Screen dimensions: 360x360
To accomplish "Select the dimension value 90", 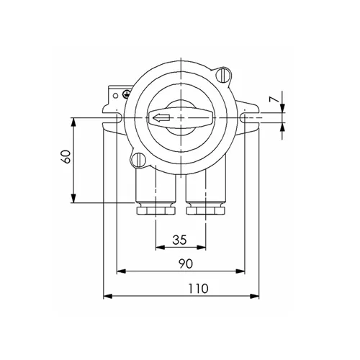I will (185, 264).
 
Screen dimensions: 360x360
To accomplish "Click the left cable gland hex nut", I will (154, 211).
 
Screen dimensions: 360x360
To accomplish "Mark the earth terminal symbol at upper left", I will (126, 92).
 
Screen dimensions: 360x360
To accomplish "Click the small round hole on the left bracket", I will (114, 94).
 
